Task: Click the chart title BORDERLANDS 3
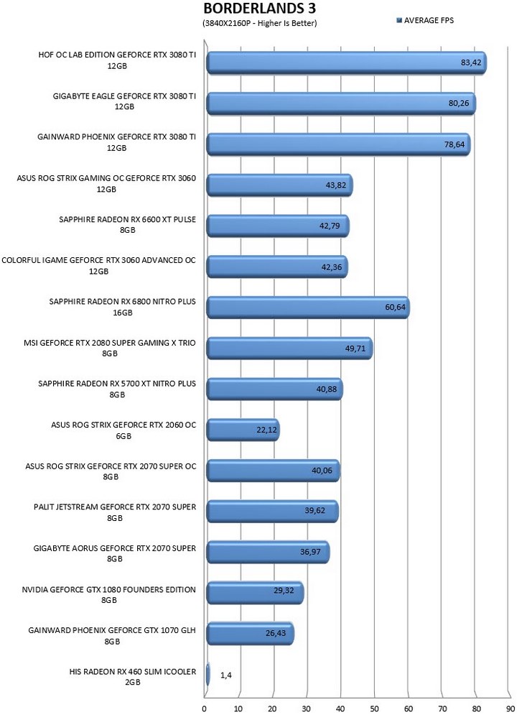tap(259, 9)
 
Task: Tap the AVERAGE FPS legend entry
tap(425, 20)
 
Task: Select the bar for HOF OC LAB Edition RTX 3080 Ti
tap(346, 63)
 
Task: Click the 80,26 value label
tap(459, 103)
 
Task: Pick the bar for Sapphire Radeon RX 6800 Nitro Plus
tap(308, 308)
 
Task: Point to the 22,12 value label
tap(266, 430)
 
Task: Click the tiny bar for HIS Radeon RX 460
tap(208, 675)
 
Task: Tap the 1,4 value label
tap(225, 675)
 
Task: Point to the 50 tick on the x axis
tap(374, 709)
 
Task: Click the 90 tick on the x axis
tap(510, 709)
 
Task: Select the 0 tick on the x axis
tap(204, 709)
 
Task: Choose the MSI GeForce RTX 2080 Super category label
tap(110, 348)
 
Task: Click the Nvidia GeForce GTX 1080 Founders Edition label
tap(108, 595)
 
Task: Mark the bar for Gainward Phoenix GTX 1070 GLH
tap(250, 634)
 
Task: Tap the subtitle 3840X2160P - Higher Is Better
tap(259, 23)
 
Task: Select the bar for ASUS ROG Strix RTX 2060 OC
tap(243, 430)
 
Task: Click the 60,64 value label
tap(396, 307)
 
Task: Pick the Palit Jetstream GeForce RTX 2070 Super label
tap(115, 512)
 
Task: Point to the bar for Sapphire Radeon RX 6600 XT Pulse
tap(278, 226)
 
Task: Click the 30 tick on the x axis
tap(307, 709)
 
